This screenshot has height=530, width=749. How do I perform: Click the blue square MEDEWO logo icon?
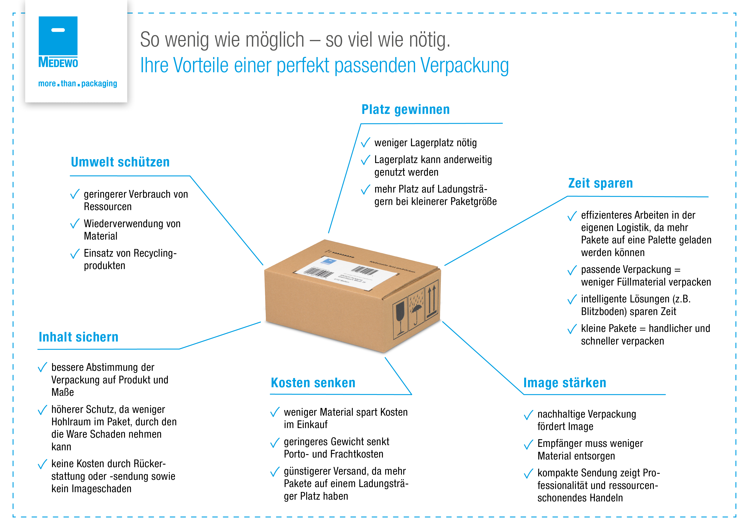(58, 36)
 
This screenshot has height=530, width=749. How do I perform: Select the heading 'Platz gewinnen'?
(405, 110)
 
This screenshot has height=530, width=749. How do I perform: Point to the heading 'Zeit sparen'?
(600, 183)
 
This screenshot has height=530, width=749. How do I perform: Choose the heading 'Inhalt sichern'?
(78, 337)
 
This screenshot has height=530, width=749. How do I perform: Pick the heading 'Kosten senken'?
(313, 383)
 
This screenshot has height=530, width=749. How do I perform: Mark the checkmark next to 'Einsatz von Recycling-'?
(75, 254)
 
